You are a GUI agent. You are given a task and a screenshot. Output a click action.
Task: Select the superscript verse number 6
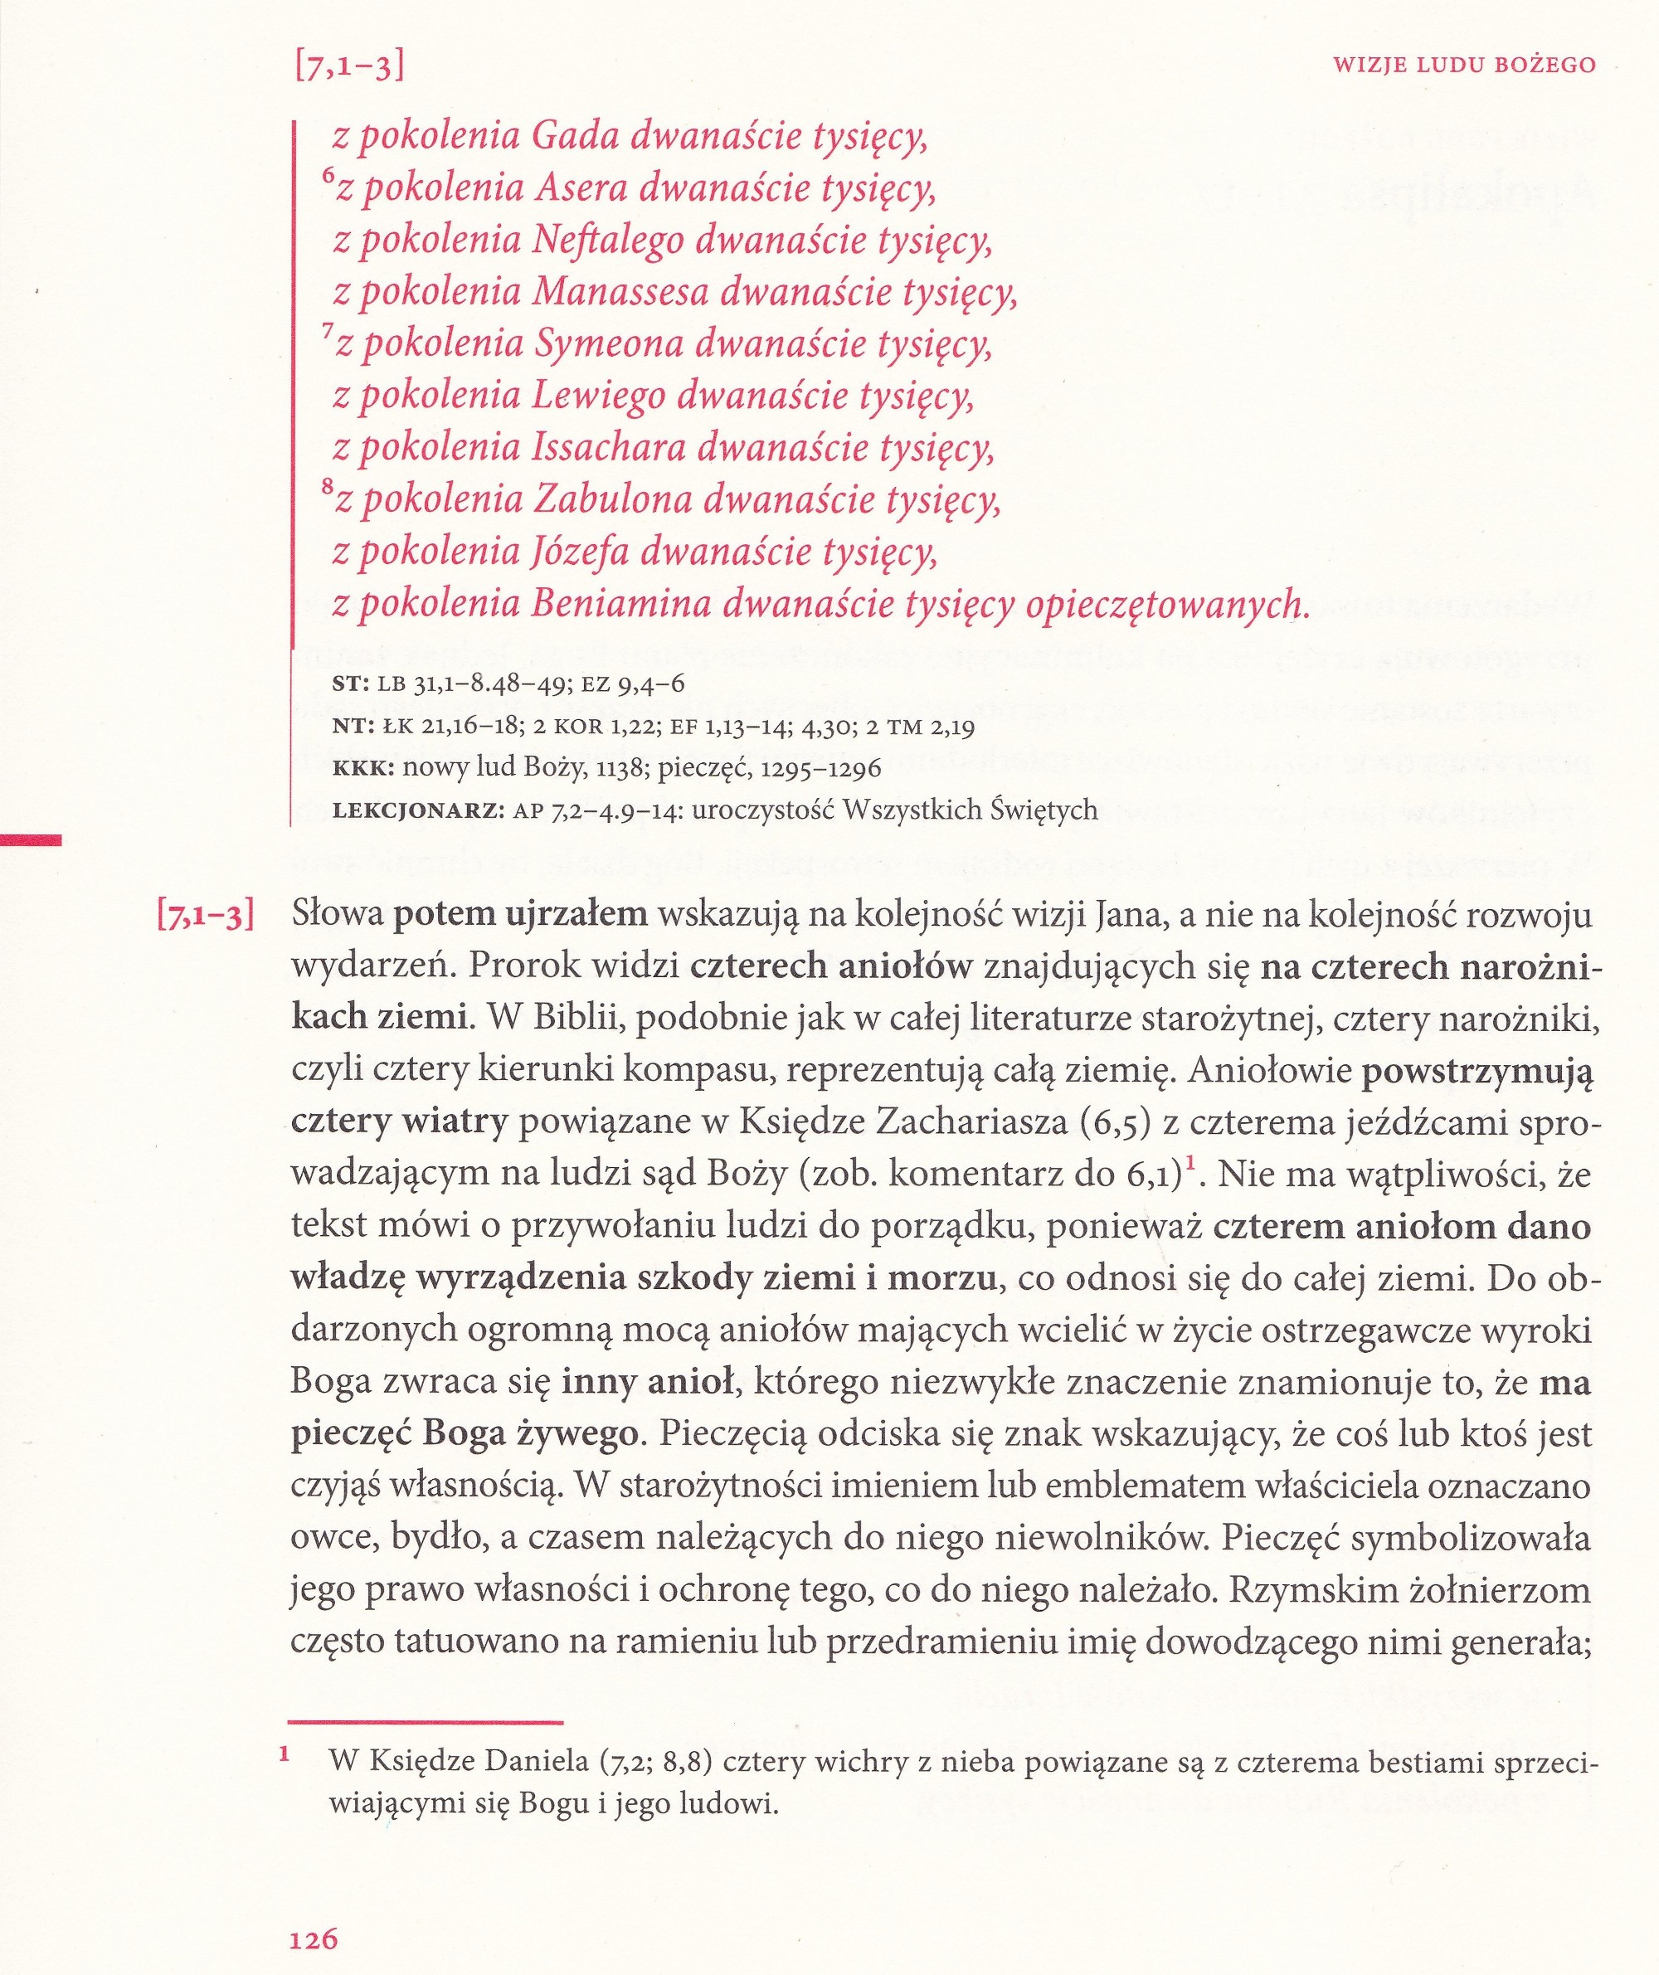point(328,177)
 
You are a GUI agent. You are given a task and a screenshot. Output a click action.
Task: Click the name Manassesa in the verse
point(620,294)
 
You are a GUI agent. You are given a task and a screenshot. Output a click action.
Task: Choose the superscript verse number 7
point(328,332)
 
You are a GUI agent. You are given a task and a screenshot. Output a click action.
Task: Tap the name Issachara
point(606,449)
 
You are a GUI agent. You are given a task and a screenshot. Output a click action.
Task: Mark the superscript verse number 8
point(328,488)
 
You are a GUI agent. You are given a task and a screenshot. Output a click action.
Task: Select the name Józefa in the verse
point(581,552)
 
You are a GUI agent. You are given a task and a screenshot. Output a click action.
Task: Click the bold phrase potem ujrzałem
point(520,915)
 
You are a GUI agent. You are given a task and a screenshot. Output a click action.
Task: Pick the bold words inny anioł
point(647,1383)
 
